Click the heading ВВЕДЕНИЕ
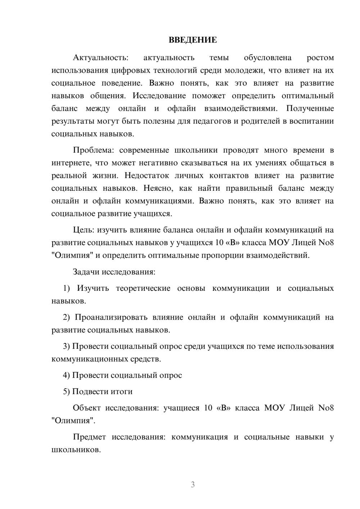pos(193,40)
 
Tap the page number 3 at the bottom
pos(193,485)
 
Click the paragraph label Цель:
pos(84,230)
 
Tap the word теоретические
pos(143,288)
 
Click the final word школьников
pos(75,450)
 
